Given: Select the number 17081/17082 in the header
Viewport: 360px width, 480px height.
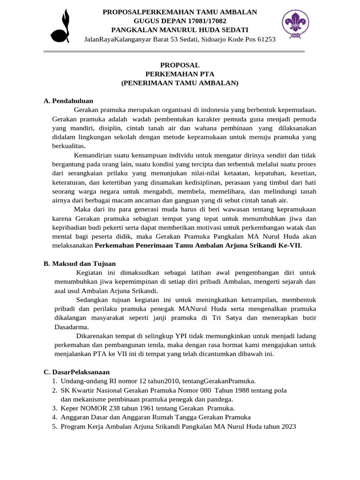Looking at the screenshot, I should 205,21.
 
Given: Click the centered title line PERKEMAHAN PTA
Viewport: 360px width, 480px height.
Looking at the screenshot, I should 180,74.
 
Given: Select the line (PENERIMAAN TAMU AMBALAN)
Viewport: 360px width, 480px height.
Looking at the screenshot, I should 180,83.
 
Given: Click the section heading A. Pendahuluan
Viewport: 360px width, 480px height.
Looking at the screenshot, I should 68,101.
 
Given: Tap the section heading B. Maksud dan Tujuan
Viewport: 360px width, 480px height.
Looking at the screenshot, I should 80,264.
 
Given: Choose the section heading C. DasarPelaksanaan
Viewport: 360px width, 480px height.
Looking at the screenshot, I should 77,372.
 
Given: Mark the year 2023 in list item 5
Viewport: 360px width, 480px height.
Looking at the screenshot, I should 287,427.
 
